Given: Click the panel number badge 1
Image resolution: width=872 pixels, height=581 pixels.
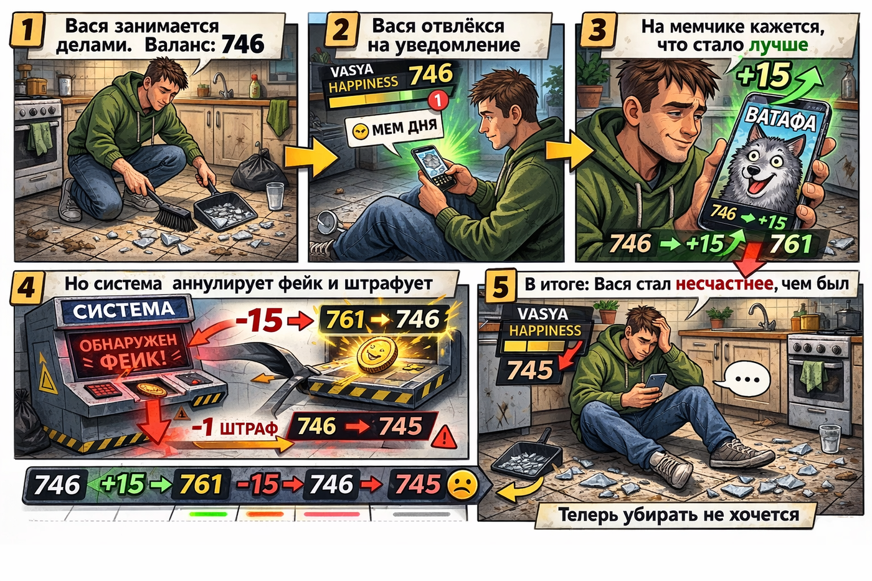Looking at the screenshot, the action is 26,29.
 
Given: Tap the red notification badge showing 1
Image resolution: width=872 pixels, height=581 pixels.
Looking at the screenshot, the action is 438,101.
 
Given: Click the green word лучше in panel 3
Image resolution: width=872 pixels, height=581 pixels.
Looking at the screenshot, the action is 778,45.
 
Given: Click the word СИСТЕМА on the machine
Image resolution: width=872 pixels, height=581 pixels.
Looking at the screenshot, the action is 124,310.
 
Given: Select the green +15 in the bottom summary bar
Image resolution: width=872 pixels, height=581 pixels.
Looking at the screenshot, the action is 122,484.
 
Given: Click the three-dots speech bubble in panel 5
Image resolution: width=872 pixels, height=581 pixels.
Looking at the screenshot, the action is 744,378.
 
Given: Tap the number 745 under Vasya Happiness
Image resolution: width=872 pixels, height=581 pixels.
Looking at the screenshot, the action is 530,370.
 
